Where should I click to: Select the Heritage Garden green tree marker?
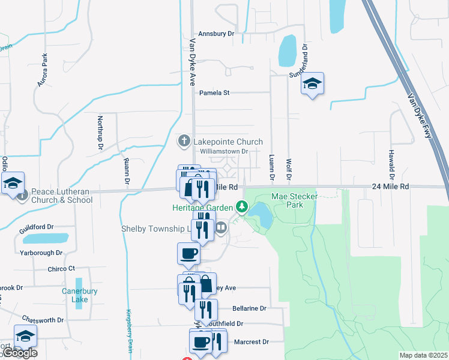(242, 207)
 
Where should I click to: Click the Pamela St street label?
(214, 93)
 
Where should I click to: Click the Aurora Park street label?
(43, 70)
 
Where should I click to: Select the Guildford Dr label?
(36, 227)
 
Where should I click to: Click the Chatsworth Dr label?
(43, 320)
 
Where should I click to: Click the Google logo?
(20, 353)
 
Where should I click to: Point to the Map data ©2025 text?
(423, 355)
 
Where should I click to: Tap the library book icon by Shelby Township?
(221, 227)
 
